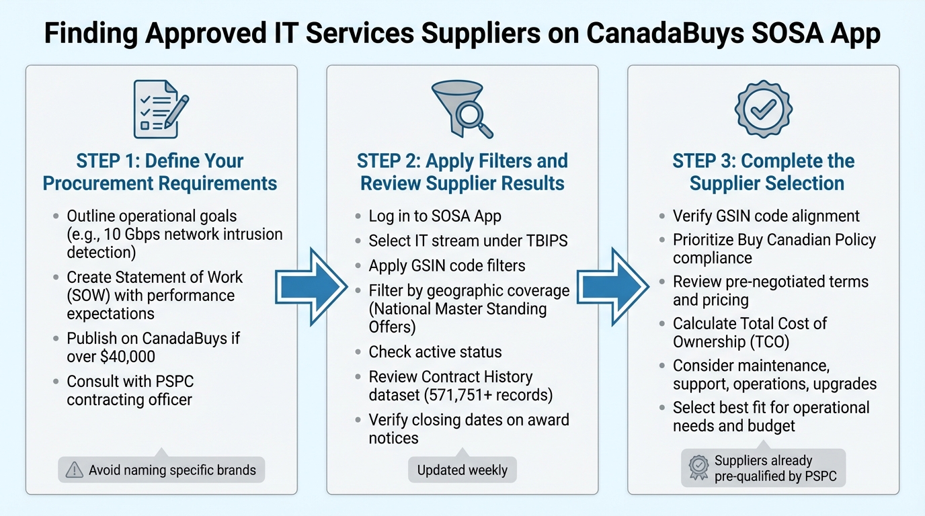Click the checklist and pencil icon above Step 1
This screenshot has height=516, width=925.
(x=161, y=108)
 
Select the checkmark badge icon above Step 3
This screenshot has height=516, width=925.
(x=764, y=110)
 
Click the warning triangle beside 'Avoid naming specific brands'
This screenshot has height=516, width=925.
(x=74, y=470)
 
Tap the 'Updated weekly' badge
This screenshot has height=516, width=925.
(x=462, y=470)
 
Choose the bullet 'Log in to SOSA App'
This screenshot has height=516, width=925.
(x=434, y=216)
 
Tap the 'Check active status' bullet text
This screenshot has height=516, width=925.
(x=435, y=351)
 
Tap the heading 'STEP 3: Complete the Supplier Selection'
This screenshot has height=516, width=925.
(x=764, y=172)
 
